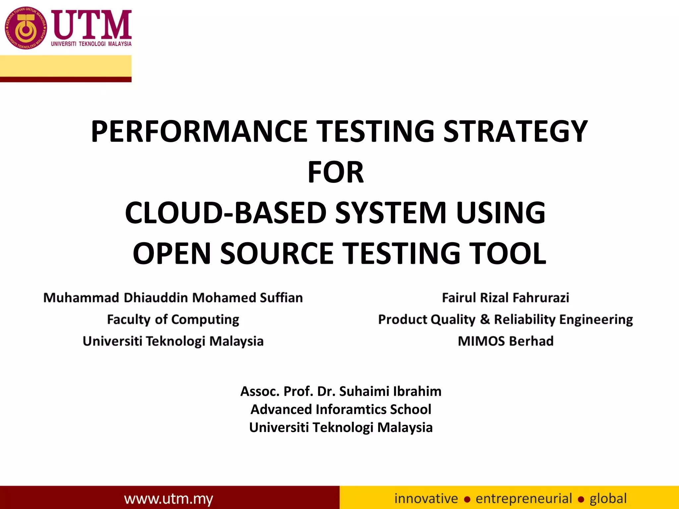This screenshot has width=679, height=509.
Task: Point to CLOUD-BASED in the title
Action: [x=226, y=213]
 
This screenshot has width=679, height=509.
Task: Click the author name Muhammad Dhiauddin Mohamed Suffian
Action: [x=173, y=298]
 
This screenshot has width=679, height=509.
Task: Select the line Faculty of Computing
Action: [x=173, y=319]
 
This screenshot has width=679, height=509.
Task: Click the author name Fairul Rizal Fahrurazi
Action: [x=505, y=298]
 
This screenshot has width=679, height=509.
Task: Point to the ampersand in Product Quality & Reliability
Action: [x=484, y=319]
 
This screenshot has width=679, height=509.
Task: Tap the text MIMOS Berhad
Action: [x=505, y=341]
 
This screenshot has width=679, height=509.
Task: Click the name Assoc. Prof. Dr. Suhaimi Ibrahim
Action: [x=341, y=391]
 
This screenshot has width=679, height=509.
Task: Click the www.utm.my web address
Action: [x=169, y=498]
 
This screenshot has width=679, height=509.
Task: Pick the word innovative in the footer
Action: [x=426, y=498]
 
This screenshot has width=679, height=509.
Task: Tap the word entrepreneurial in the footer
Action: [x=524, y=498]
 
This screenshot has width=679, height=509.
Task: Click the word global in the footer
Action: [x=608, y=498]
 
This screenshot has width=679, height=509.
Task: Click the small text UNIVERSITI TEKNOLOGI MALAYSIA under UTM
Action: [x=91, y=44]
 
